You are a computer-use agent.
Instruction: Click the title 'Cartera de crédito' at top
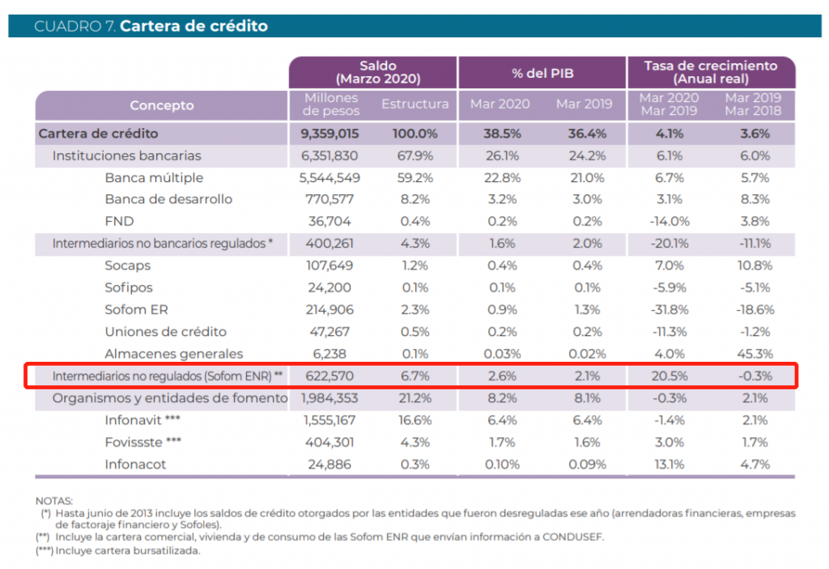click(x=193, y=26)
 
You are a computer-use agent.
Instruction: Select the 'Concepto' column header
click(x=162, y=105)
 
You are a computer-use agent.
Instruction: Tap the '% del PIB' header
click(x=542, y=73)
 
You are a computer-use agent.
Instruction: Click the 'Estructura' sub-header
click(x=414, y=104)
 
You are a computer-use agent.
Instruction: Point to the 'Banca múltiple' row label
click(x=154, y=177)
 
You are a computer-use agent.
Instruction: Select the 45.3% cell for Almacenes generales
click(x=755, y=354)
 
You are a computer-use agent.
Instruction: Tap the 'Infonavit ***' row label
click(x=142, y=420)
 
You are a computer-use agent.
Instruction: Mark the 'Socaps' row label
click(x=128, y=265)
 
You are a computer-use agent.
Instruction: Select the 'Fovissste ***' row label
click(x=142, y=442)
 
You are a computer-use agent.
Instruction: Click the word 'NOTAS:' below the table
click(x=54, y=501)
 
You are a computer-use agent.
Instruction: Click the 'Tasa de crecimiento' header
click(x=710, y=66)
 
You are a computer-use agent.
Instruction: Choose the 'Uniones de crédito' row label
click(x=166, y=332)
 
